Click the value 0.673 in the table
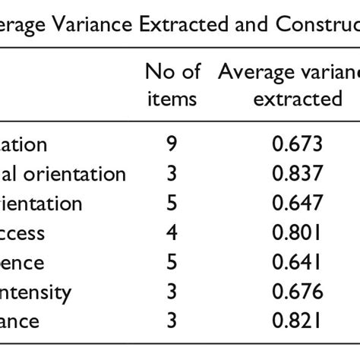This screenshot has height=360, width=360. click(x=298, y=144)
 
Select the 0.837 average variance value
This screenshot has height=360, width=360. click(x=298, y=174)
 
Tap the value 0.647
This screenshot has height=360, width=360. click(x=298, y=204)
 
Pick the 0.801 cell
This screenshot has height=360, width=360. click(x=298, y=233)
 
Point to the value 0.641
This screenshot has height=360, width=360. click(x=298, y=263)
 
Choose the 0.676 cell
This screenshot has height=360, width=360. click(x=298, y=292)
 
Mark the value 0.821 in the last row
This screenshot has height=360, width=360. click(x=298, y=321)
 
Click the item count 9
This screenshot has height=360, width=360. click(x=172, y=144)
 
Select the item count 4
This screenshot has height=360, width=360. click(x=172, y=233)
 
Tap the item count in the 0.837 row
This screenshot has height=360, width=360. click(x=172, y=174)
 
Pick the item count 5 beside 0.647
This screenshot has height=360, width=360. click(x=172, y=204)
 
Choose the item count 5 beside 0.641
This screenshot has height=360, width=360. click(x=172, y=263)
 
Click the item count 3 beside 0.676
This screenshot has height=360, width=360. click(x=172, y=292)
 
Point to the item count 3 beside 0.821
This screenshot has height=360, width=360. click(x=172, y=321)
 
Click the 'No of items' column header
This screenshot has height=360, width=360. click(x=172, y=85)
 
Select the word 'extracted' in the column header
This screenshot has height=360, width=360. click(x=298, y=99)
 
